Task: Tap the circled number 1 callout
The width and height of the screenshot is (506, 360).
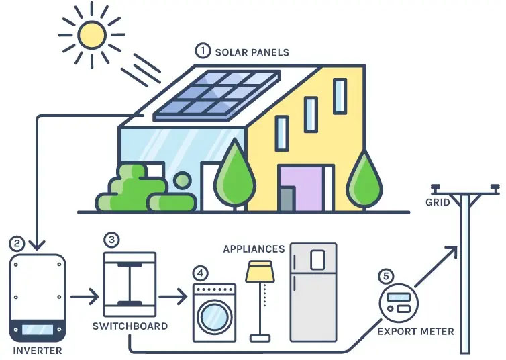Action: [x=202, y=50]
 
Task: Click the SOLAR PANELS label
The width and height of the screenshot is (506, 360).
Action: [x=251, y=51]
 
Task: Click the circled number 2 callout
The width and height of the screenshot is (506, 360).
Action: [x=18, y=243]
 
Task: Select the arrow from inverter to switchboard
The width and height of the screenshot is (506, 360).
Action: [x=84, y=294]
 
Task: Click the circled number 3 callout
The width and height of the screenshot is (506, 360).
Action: [x=112, y=239]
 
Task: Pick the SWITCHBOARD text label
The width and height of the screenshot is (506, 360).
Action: [x=130, y=326]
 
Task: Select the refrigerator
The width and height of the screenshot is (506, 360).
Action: [x=313, y=292]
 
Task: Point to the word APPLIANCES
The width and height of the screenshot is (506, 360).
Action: [x=254, y=249]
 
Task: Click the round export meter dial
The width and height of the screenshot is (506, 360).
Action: [x=399, y=304]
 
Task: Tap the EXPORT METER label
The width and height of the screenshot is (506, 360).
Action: [x=415, y=331]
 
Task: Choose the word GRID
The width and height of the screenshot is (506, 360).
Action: [x=438, y=201]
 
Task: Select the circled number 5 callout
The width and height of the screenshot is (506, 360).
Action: [x=385, y=275]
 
